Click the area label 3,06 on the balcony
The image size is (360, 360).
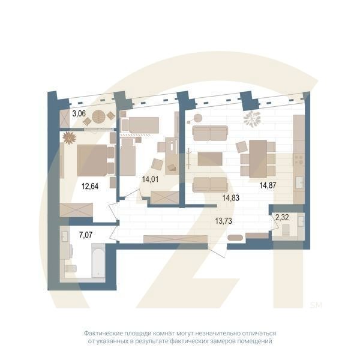point(79,112)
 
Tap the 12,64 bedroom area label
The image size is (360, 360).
point(89,185)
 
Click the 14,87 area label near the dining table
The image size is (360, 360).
point(268,185)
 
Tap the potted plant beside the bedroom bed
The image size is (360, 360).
point(70,137)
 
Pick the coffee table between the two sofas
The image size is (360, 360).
point(209,158)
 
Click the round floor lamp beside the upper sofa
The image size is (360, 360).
point(199,117)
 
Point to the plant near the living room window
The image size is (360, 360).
point(252,118)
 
